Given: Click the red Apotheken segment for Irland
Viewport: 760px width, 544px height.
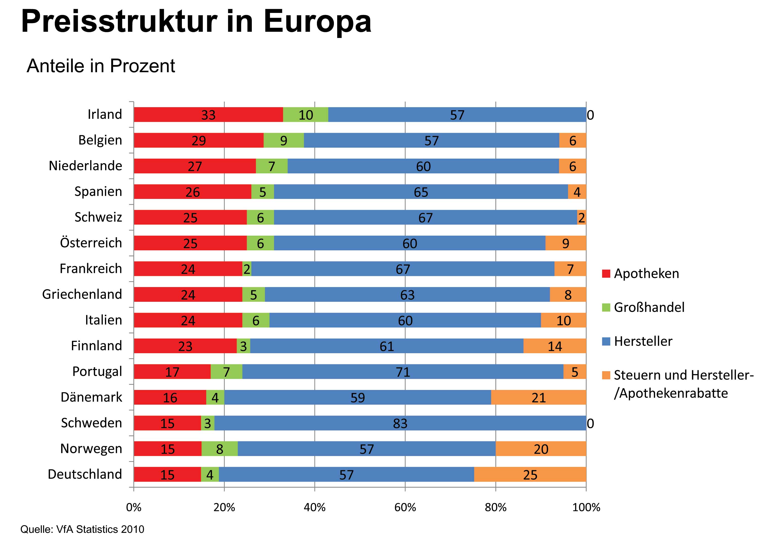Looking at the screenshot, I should tap(208, 115).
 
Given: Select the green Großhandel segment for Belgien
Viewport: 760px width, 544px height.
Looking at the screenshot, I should tap(283, 140).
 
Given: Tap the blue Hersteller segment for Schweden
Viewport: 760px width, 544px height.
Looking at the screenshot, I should tap(400, 423).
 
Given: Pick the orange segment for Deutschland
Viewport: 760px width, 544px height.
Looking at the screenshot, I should tap(530, 474).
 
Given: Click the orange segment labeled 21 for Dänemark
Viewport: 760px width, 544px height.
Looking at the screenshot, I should tap(538, 397).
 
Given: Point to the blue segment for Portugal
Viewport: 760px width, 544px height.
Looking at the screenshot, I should tap(403, 371).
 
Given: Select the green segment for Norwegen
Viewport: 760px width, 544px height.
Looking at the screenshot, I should tap(219, 448).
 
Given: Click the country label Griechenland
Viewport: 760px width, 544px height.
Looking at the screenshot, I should tap(82, 294).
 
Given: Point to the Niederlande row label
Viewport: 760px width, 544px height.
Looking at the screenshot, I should tap(85, 166).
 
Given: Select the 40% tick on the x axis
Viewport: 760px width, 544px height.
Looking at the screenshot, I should tap(315, 508).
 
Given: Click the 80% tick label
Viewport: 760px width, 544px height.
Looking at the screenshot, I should tap(495, 508).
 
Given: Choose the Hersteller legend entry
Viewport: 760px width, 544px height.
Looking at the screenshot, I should tap(643, 341).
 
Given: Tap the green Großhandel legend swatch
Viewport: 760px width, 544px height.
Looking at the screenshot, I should tap(606, 307).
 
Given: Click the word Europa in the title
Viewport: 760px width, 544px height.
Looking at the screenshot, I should tap(317, 22).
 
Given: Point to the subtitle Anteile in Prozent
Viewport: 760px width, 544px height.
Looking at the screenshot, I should tap(101, 66).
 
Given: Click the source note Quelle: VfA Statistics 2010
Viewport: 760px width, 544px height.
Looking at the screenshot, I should tap(82, 529).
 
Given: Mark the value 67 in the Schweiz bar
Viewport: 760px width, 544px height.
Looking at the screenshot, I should tap(425, 218).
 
